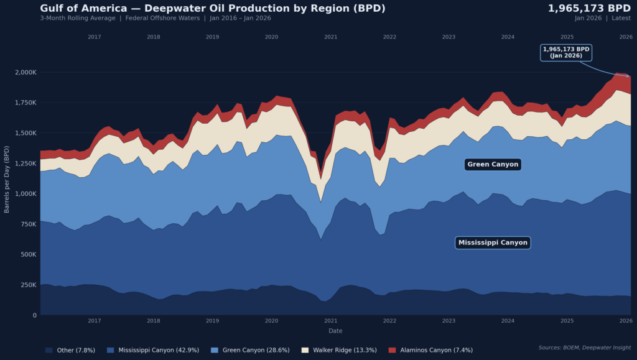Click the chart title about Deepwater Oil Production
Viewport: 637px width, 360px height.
213,8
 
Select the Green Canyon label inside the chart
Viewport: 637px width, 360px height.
493,164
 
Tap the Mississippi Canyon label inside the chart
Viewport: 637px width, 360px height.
493,242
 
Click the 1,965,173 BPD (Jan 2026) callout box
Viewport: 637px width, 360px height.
566,52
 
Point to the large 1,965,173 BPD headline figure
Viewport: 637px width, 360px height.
589,8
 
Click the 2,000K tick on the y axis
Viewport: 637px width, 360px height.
25,72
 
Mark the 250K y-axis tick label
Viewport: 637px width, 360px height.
29,285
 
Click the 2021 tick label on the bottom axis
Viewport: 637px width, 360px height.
330,321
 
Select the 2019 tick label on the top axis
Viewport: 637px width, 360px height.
212,37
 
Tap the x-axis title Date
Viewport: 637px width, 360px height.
335,331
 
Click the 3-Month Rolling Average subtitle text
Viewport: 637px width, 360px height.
77,18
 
